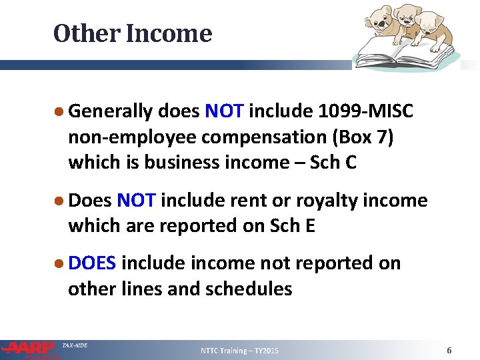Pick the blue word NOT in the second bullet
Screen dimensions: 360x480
click(136, 200)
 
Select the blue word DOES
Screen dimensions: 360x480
click(92, 263)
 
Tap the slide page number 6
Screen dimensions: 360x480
click(449, 351)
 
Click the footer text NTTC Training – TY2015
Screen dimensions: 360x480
click(240, 351)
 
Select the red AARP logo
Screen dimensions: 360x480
click(29, 348)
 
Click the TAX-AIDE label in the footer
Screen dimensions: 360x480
click(75, 345)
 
